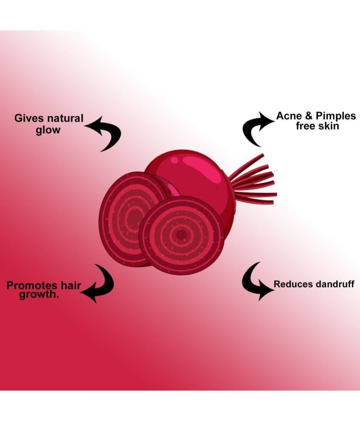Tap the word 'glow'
coord(48,130)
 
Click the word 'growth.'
coord(39,294)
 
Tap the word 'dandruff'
coord(335,284)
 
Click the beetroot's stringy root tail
coord(254,180)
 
